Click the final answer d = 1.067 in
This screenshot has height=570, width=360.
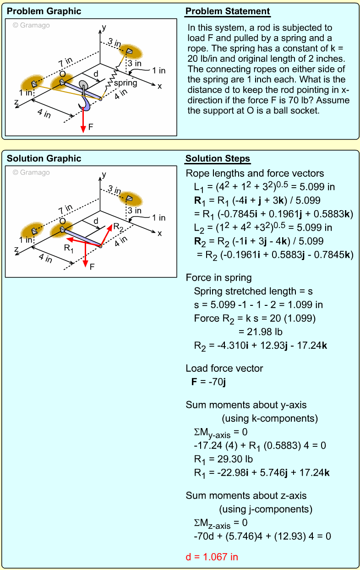point(212,557)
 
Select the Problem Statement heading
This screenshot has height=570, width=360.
point(228,11)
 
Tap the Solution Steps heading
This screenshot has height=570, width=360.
point(218,159)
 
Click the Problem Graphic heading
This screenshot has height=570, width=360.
point(44,11)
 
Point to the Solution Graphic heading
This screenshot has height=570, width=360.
point(44,159)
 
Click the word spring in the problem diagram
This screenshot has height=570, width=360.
point(125,83)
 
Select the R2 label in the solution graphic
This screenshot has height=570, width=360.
point(118,227)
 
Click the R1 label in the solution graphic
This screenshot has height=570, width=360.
point(69,249)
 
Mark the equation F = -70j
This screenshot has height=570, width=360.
point(208,381)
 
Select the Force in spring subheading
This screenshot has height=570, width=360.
point(218,277)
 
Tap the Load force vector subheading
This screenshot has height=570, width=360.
point(224,368)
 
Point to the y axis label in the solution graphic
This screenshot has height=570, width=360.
point(104,174)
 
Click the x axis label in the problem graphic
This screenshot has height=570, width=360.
point(160,86)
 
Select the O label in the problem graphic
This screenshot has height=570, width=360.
point(62,74)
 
